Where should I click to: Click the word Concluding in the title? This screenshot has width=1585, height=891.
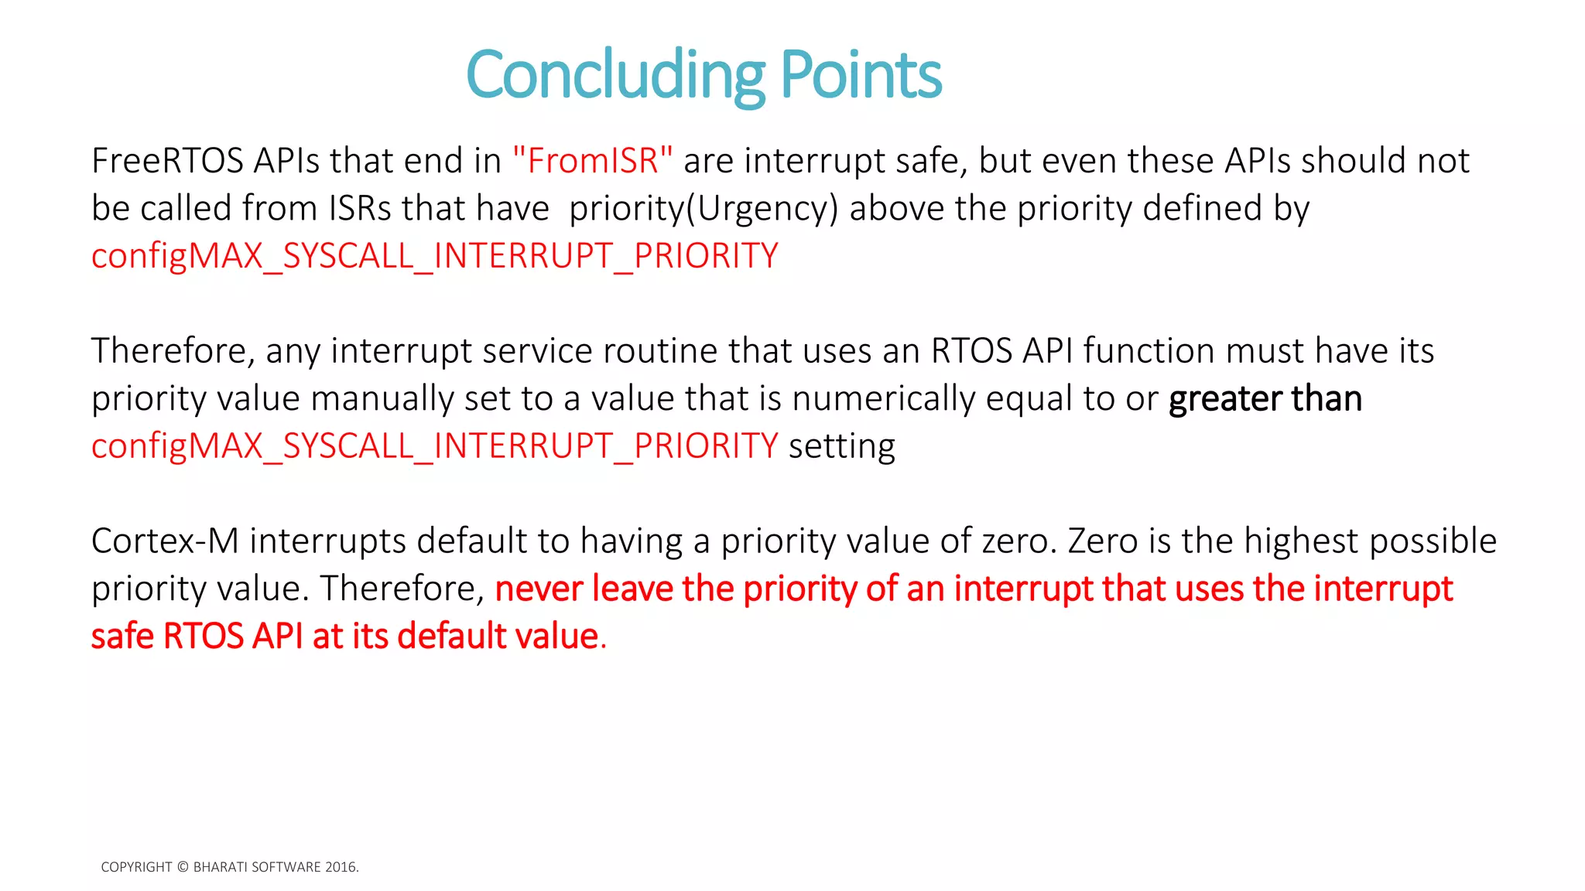click(x=615, y=75)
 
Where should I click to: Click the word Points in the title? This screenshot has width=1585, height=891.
click(x=861, y=75)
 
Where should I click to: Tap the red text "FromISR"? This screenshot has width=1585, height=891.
click(x=592, y=161)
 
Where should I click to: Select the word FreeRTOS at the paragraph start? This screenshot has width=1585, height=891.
click(x=167, y=161)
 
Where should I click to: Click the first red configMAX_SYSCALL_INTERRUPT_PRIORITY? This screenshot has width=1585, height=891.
click(x=434, y=256)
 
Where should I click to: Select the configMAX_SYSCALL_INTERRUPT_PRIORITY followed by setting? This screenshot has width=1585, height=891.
click(x=434, y=446)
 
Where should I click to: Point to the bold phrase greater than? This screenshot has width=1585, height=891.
click(x=1265, y=399)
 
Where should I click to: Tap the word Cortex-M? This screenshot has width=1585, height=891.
click(x=165, y=541)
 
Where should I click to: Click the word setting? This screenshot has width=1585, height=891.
click(x=841, y=446)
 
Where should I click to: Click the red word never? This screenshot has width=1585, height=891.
click(x=539, y=589)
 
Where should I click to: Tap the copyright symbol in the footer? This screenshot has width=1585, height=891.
click(x=183, y=867)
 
